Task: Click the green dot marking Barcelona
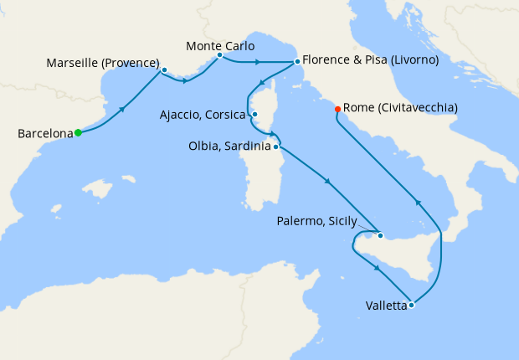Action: point(78,132)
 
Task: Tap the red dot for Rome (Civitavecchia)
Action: point(337,109)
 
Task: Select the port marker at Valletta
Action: point(411,306)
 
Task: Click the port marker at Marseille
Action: point(164,69)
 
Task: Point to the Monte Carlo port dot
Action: point(219,56)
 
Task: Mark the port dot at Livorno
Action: point(296,61)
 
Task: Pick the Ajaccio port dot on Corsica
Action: point(255,116)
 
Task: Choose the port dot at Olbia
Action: point(276,147)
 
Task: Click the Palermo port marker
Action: point(379,235)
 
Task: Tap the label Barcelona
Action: point(44,133)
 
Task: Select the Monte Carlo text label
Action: point(220,45)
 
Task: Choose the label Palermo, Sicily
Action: point(316,222)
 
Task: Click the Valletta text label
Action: point(386,306)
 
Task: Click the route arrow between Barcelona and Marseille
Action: point(124,110)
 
